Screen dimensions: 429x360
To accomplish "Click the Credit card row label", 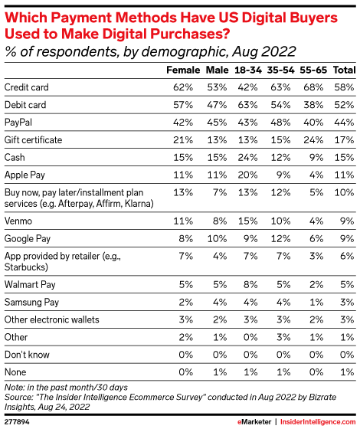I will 28,88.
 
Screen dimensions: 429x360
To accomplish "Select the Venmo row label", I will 20,219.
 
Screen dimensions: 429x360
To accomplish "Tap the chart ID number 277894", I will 18,420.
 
